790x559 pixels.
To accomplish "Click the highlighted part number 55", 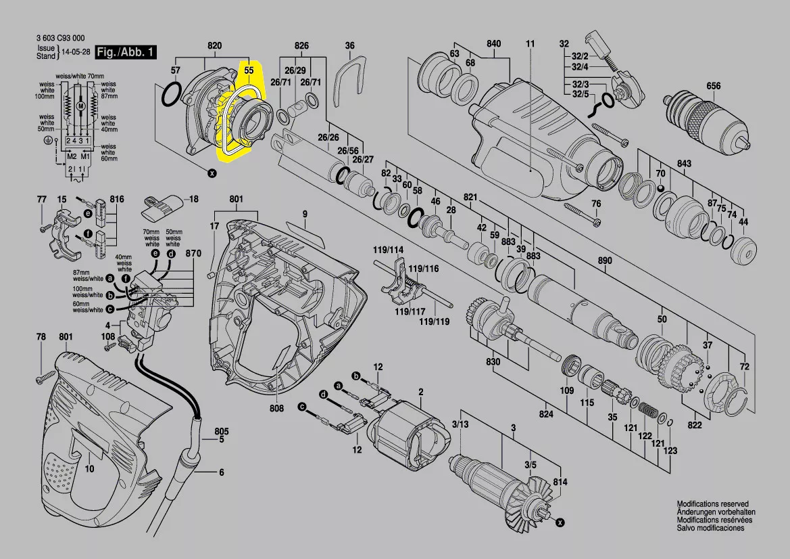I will click(249, 69).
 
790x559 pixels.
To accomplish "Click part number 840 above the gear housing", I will click(494, 44).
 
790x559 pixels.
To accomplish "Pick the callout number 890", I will click(605, 261).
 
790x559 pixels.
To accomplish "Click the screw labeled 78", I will click(47, 374).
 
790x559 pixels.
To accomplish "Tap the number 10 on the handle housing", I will click(89, 468).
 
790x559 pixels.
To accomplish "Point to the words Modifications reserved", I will click(712, 504).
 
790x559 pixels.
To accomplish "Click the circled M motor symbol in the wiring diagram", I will click(80, 107).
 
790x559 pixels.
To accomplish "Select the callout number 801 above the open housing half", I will click(236, 200).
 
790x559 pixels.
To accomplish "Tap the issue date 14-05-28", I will click(76, 52).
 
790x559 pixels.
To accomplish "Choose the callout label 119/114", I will click(388, 250).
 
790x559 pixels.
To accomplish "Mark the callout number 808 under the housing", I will click(276, 408).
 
